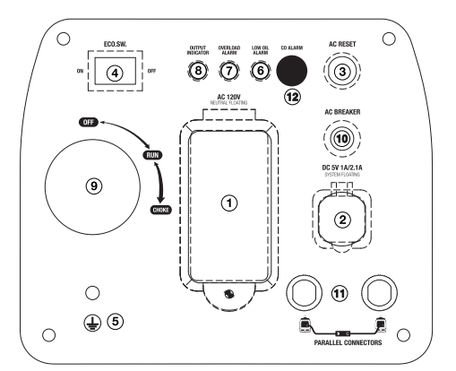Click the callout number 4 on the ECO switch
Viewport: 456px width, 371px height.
pos(115,73)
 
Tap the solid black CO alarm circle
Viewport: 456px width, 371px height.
pos(292,71)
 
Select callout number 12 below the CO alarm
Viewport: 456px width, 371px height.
pos(292,97)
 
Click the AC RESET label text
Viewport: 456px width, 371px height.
pos(342,44)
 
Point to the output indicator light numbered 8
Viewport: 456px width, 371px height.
pos(198,71)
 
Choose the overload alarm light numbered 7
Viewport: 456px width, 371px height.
pos(229,71)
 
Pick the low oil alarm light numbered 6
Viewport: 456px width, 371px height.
pos(261,71)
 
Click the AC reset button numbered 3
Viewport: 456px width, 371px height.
pos(342,71)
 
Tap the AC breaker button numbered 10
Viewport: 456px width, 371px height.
pos(342,138)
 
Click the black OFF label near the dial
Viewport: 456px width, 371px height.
pos(89,122)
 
